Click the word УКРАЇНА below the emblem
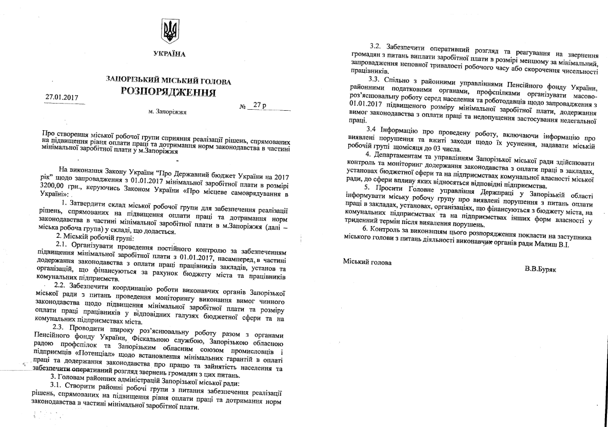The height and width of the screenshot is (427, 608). (169, 54)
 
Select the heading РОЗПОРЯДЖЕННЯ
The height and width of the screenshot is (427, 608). (168, 92)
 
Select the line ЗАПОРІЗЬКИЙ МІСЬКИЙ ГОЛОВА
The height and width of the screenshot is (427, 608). (169, 81)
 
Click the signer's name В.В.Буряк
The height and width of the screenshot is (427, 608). (541, 269)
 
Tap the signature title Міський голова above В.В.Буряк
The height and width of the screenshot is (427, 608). (367, 262)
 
